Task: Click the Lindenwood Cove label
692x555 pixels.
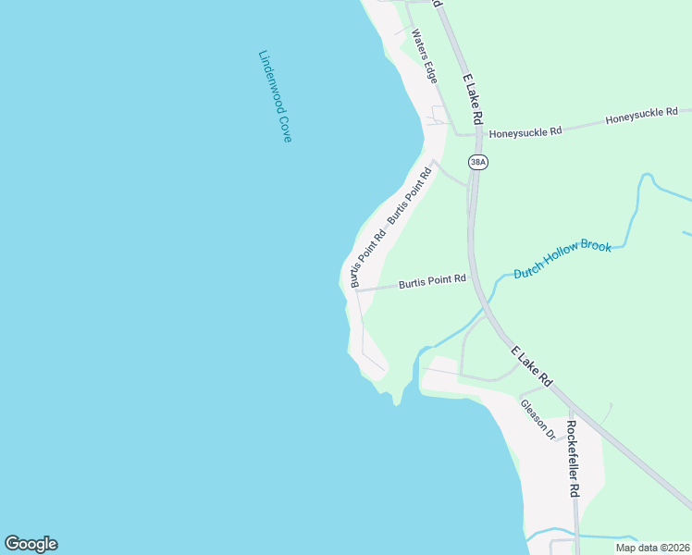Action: tap(275, 95)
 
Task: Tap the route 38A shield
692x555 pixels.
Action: tap(477, 163)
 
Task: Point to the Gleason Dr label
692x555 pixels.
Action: tap(537, 419)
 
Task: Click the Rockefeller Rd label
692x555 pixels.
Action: tap(573, 459)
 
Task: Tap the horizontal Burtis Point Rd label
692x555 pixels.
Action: tap(432, 281)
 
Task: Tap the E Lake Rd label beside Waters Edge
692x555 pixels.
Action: tap(472, 100)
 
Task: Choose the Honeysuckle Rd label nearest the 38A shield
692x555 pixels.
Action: tap(525, 132)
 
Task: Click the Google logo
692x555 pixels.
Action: tap(31, 544)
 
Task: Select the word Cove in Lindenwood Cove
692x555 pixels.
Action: tap(286, 128)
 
